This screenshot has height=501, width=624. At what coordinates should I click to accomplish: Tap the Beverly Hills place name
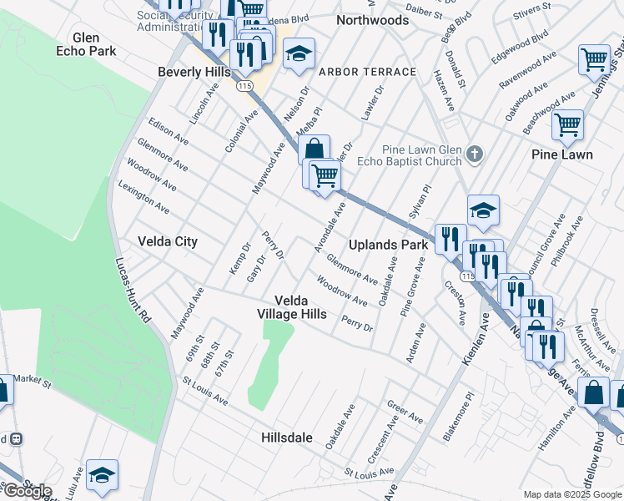[x=194, y=73]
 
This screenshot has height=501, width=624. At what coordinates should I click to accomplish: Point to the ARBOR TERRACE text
[x=366, y=72]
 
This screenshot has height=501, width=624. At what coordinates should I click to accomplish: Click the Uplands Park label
[x=388, y=245]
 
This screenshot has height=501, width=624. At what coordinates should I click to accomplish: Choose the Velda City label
[x=168, y=241]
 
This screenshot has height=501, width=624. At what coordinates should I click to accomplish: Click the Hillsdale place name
[x=286, y=438]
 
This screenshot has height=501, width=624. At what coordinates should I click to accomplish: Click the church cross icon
[x=474, y=154]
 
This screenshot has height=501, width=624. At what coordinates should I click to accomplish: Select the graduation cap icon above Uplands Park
[x=483, y=210]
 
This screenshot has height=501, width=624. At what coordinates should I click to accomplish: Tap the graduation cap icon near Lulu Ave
[x=101, y=474]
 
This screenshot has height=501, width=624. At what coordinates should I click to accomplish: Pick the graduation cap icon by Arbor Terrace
[x=299, y=54]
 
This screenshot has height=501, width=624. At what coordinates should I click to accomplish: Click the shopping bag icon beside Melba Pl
[x=315, y=150]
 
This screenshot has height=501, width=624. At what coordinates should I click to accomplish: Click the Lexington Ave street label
[x=144, y=197]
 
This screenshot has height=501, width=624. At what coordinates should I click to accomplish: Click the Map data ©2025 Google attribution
[x=572, y=494]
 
